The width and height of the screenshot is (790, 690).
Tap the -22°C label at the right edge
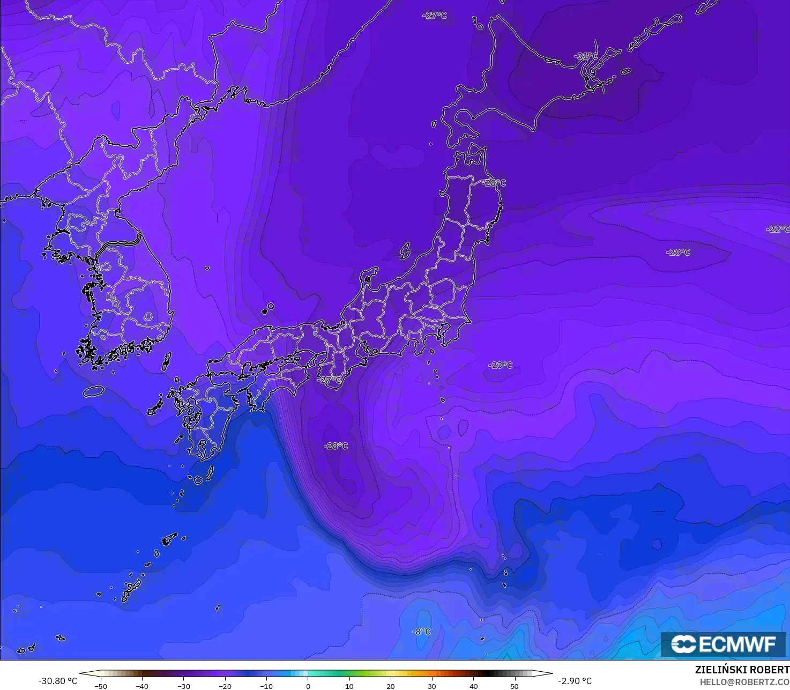pos(778,229)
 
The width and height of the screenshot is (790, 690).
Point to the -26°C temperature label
pos(678,253)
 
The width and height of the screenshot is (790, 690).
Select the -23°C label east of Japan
pos(501,365)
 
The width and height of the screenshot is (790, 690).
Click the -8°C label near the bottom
pos(421,632)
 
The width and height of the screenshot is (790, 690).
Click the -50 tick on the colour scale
pos(100,686)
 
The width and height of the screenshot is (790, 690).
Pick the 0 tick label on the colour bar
pos(308,686)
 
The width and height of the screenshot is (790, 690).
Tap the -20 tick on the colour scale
pos(225,686)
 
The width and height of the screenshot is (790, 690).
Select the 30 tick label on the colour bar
pos(432,686)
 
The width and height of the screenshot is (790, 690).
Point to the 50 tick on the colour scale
pos(515,686)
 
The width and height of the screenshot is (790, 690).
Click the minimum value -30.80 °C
pos(57,681)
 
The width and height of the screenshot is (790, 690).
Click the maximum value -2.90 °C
pos(575,681)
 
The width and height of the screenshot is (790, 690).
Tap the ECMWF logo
pos(723,644)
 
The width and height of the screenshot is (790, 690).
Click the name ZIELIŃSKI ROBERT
pos(742,670)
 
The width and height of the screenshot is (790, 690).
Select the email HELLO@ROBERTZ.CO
pos(744,681)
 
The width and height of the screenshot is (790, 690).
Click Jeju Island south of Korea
pos(93,391)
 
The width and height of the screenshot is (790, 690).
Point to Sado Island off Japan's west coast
pos(406,250)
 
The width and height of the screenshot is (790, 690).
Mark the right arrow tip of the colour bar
pos(552,673)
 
